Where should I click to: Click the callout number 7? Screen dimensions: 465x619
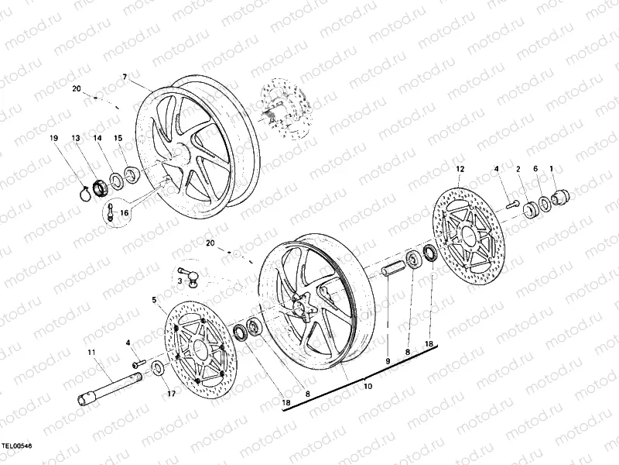click(124, 76)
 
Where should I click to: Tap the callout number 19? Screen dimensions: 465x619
click(54, 139)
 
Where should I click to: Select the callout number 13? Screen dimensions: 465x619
click(76, 139)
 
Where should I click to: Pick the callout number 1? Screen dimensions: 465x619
click(551, 168)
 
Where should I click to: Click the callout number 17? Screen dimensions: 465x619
click(172, 393)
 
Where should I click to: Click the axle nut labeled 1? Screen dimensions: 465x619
click(563, 193)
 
